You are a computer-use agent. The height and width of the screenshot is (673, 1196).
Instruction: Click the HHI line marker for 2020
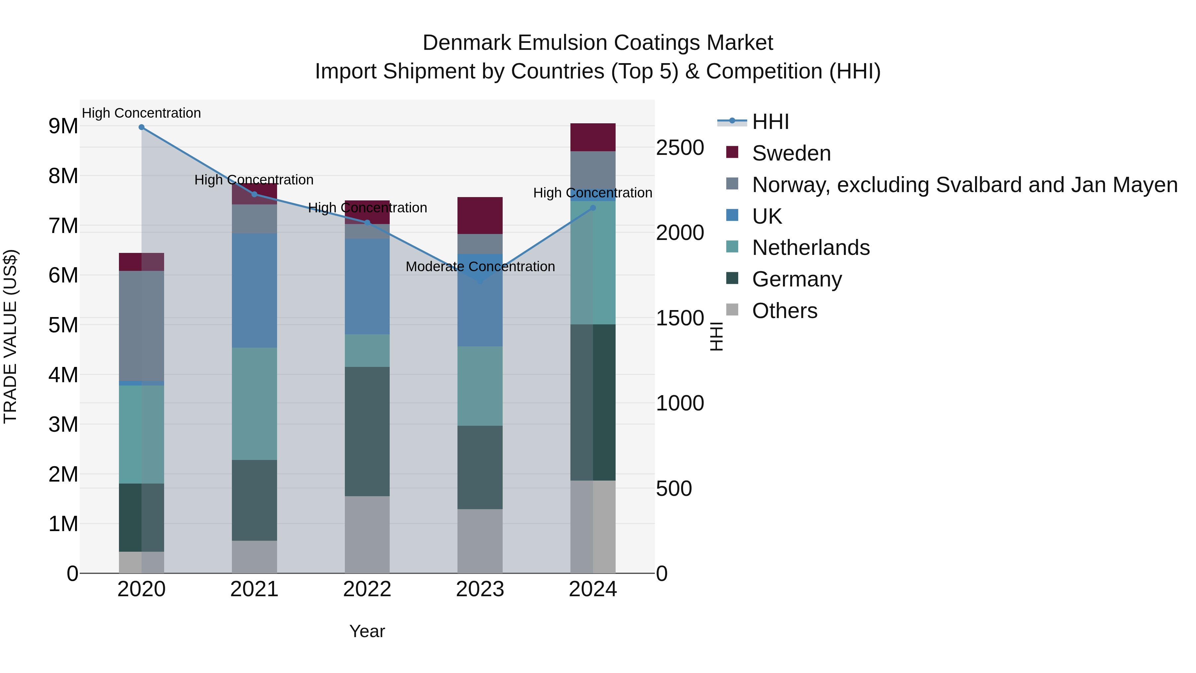click(x=142, y=127)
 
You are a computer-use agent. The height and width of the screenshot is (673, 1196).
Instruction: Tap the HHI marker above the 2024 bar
click(x=593, y=208)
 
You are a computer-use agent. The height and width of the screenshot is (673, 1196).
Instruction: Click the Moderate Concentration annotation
click(x=480, y=267)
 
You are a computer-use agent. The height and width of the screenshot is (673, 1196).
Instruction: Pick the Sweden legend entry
click(x=791, y=153)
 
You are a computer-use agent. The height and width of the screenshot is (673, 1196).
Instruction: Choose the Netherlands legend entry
click(x=811, y=248)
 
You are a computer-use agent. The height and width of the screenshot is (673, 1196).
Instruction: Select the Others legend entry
click(x=785, y=311)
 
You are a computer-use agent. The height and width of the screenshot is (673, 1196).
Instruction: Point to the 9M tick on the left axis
click(x=63, y=126)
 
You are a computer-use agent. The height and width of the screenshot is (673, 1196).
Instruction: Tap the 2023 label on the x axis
click(x=480, y=589)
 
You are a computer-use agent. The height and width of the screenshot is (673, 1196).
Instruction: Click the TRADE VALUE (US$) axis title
click(x=11, y=336)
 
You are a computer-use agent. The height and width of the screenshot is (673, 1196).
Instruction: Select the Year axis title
click(x=367, y=631)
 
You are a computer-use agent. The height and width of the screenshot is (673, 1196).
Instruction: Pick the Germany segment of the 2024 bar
click(x=593, y=402)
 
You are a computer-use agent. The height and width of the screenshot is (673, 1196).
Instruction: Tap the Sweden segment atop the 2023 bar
click(x=480, y=215)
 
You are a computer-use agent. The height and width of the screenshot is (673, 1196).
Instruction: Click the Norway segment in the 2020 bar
click(x=142, y=326)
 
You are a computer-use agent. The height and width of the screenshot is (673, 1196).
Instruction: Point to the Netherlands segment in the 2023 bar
click(x=480, y=386)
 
